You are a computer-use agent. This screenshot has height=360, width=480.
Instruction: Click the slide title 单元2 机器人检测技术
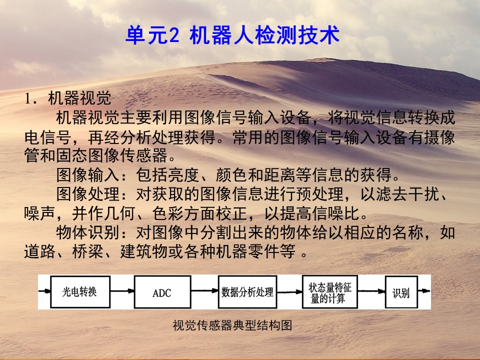tap(232, 35)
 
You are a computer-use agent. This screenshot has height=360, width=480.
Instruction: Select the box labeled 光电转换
tap(80, 291)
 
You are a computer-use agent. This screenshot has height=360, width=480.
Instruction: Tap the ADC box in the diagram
tap(162, 291)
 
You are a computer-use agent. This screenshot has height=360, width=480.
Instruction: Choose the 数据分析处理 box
tap(247, 291)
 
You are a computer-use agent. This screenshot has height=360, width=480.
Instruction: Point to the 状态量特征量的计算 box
tap(329, 291)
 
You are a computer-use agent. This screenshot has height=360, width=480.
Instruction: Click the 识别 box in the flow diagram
tap(401, 291)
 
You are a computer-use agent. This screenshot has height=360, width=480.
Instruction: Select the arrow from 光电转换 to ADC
tap(122, 291)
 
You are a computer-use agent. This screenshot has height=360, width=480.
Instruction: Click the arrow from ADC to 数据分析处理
tap(205, 291)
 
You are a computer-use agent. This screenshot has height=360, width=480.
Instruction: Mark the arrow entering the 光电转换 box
tap(44, 291)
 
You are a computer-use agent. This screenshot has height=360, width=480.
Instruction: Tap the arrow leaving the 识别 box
tap(424, 291)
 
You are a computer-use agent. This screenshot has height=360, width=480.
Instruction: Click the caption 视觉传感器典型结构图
tap(232, 325)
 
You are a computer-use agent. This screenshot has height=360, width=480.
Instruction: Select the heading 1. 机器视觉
tap(68, 98)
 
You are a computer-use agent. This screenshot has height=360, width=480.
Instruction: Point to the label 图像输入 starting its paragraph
tap(87, 175)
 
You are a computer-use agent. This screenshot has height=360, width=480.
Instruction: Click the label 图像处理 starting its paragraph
tap(87, 194)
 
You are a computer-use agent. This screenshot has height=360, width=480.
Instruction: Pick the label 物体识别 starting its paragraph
tap(87, 232)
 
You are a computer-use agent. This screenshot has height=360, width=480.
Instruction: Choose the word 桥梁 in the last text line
tap(87, 251)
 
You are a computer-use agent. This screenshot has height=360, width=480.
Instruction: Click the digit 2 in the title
tap(173, 35)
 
